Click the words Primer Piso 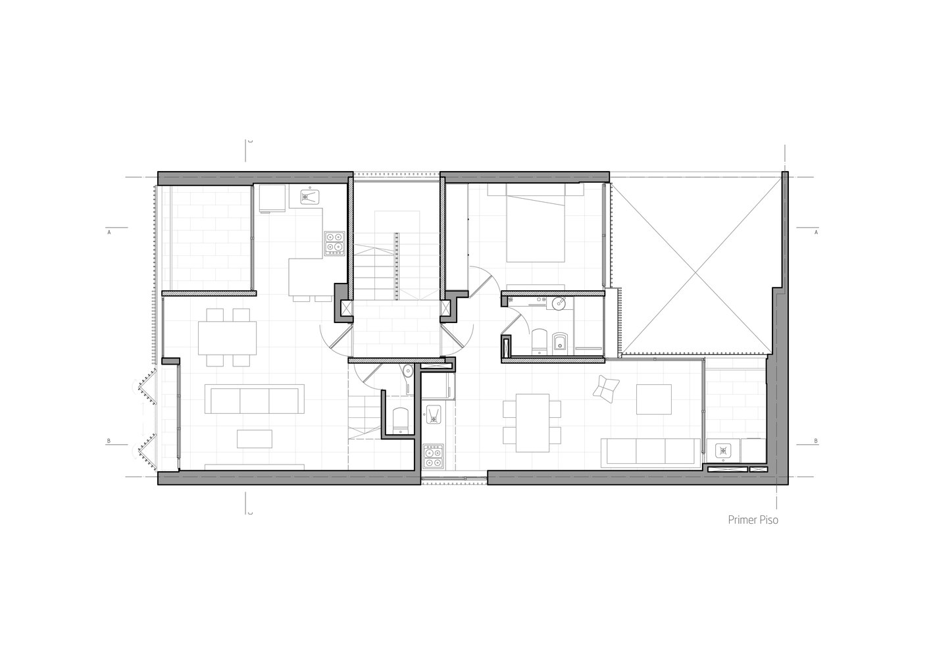tap(752, 519)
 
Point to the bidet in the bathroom tap(560, 341)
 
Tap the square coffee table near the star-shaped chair tap(653, 399)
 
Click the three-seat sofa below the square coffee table tap(652, 452)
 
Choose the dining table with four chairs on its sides tap(532, 422)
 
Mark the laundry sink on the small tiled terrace tap(722, 451)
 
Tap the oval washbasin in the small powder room tap(408, 371)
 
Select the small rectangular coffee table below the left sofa tap(254, 438)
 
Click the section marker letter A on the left tap(107, 232)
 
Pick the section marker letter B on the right tap(816, 441)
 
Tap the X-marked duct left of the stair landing tap(343, 307)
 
